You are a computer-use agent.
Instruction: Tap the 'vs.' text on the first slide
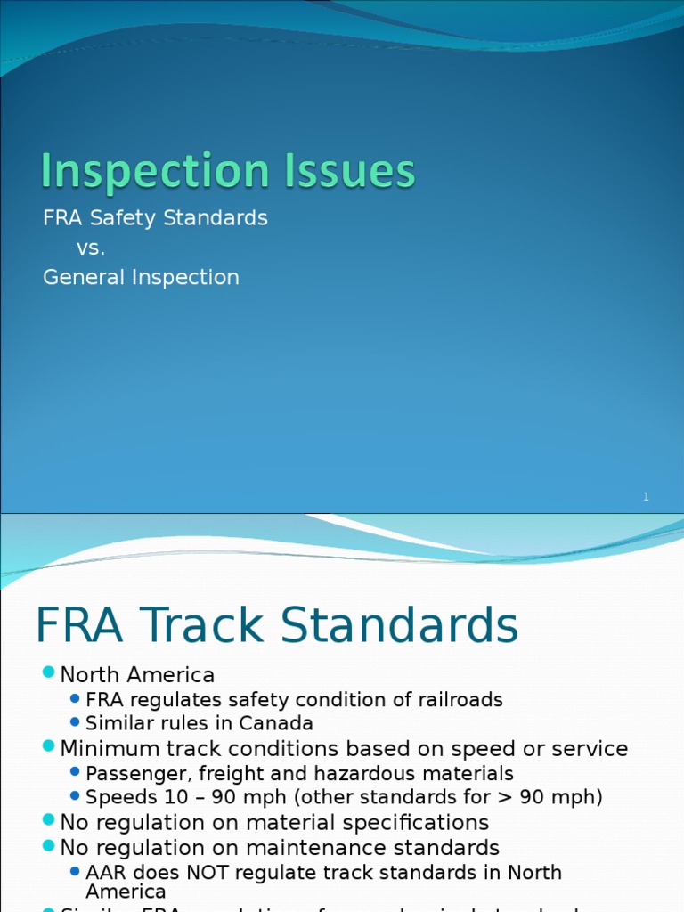point(91,248)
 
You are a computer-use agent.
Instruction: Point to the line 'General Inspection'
point(141,278)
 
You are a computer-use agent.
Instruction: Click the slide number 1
point(646,497)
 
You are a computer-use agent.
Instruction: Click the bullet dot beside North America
point(48,674)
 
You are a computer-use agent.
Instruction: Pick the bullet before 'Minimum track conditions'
point(48,749)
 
